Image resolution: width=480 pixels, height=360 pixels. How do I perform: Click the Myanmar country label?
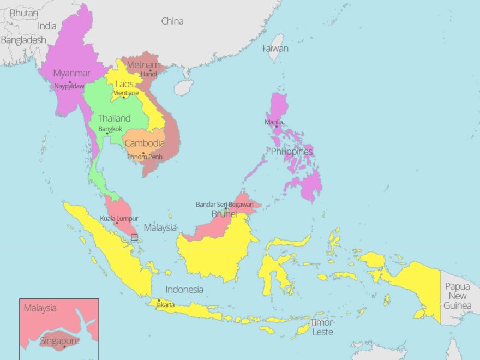tap(71, 73)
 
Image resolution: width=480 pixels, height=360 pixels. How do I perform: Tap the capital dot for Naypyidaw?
tap(70, 82)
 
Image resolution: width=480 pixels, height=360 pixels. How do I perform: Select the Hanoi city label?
tap(148, 74)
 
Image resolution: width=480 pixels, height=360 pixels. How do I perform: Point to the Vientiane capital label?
tap(125, 93)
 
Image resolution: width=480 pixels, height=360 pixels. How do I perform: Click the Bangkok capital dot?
tap(107, 133)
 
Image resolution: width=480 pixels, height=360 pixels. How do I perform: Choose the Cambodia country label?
tap(145, 143)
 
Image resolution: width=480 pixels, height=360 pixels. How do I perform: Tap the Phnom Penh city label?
tap(145, 157)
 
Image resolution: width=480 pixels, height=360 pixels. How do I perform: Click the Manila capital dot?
tap(276, 127)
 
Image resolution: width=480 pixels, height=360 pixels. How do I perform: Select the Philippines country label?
tap(292, 152)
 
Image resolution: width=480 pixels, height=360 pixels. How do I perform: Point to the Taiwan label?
tap(275, 48)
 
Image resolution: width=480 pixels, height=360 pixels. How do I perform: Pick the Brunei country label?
tap(224, 214)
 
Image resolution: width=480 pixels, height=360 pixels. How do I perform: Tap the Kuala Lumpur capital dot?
tap(116, 223)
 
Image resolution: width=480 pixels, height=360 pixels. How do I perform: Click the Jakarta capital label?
tap(165, 305)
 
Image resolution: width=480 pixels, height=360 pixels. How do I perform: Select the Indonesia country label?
tap(184, 290)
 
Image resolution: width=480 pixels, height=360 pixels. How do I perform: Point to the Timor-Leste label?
tap(322, 327)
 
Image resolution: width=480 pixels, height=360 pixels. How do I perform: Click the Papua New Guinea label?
tap(457, 296)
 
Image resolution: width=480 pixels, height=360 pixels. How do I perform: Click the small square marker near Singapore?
tap(134, 237)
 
